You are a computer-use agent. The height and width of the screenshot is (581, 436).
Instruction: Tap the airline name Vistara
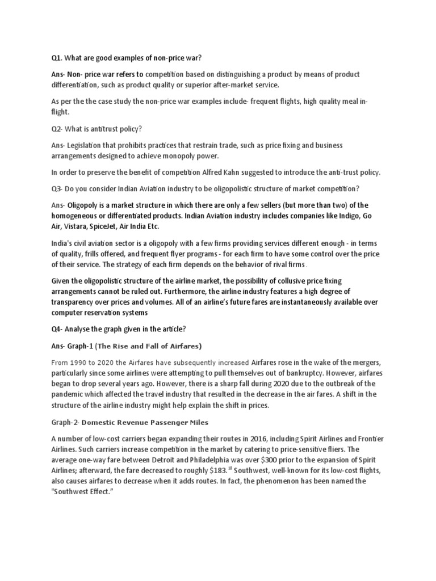pyautogui.click(x=75, y=226)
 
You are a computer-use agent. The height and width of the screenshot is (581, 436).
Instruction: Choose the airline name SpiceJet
pyautogui.click(x=108, y=226)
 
